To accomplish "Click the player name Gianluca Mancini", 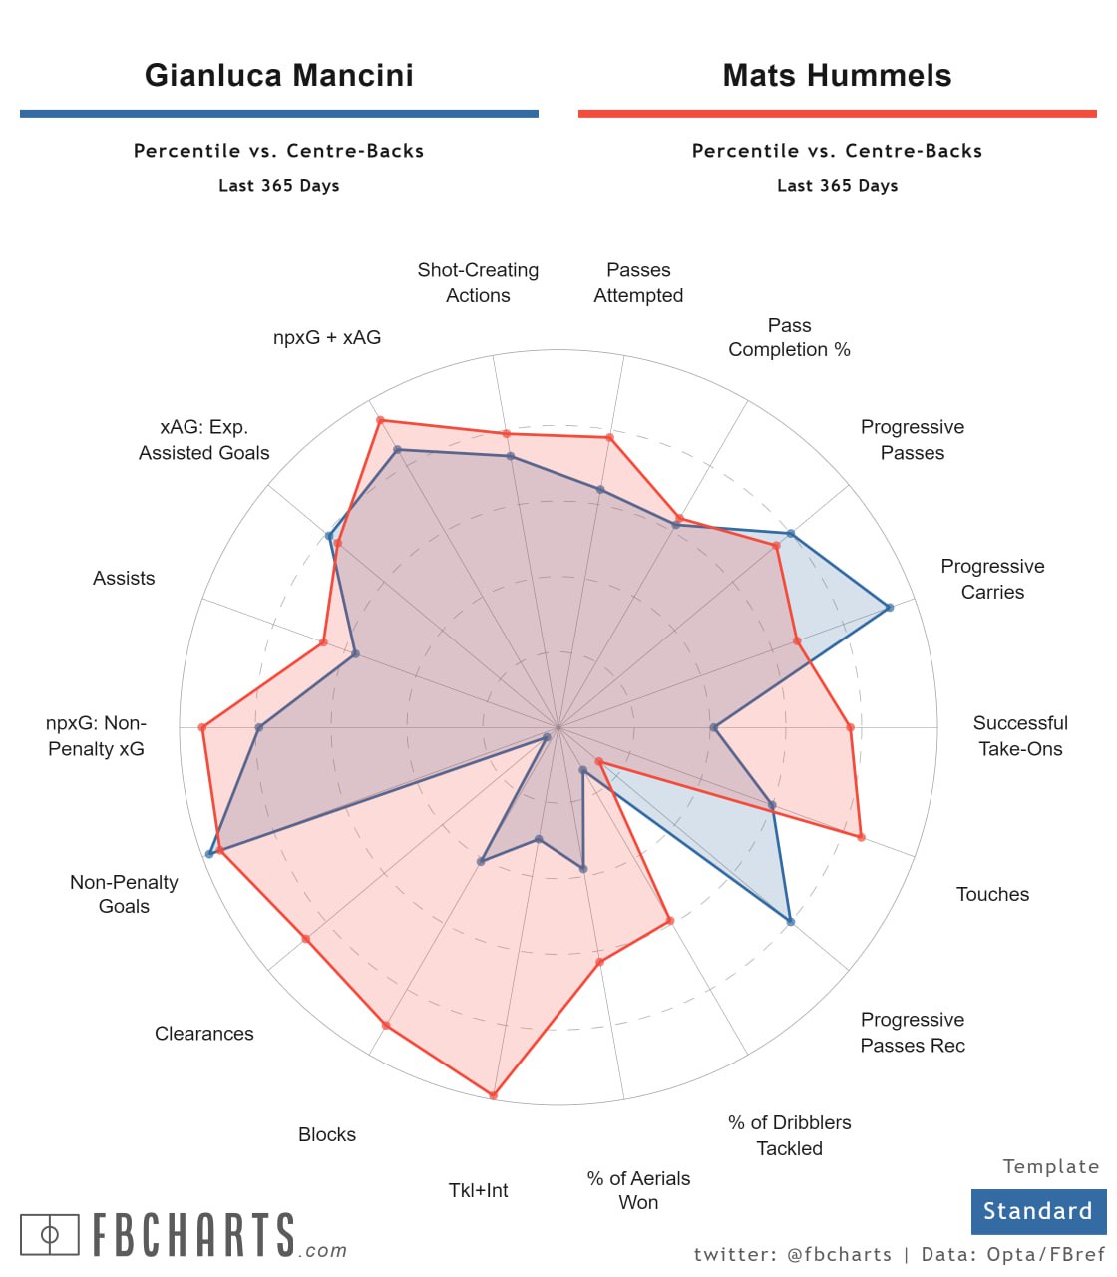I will tap(278, 76).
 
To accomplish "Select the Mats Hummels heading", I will tap(837, 76).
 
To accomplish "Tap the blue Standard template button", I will tap(1038, 1211).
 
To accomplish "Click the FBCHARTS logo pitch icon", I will tap(50, 1235).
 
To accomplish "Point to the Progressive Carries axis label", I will tap(992, 579).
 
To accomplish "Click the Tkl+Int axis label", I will tap(478, 1190).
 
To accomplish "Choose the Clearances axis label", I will tap(203, 1034).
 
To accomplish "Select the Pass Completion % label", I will tap(789, 337).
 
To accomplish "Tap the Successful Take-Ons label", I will tap(1020, 736).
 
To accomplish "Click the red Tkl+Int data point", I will tap(493, 1095).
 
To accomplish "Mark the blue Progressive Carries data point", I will tap(889, 607).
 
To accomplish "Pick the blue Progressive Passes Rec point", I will tap(790, 922).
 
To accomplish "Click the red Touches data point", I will tap(861, 837).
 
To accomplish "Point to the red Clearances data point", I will tap(305, 939).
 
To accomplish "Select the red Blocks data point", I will tap(386, 1026).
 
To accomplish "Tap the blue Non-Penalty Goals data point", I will tap(209, 854).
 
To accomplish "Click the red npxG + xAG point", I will tap(380, 421).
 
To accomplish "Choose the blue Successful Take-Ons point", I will tap(714, 728).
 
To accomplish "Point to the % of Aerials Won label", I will tap(638, 1190).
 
